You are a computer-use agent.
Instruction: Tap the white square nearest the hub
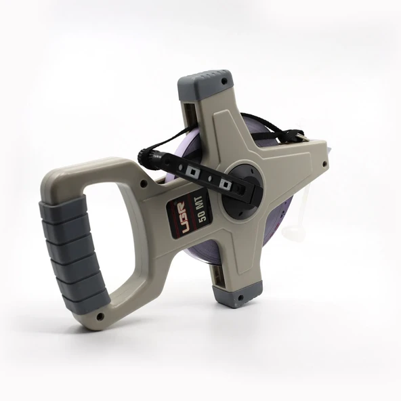point(221,182)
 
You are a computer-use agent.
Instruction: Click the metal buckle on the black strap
point(299,138)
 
